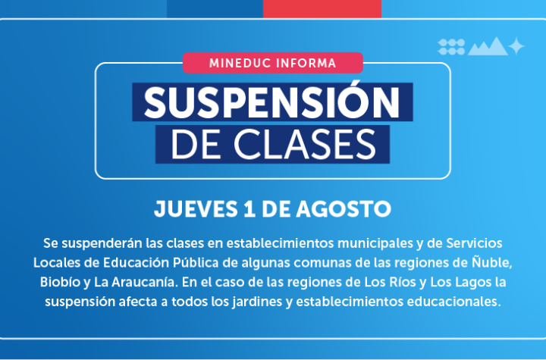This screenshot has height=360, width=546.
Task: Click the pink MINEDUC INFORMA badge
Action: (273, 63)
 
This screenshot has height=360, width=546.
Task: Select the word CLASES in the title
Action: (305, 144)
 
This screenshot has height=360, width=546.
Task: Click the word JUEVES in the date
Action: (196, 209)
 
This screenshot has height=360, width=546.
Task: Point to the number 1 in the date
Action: (249, 209)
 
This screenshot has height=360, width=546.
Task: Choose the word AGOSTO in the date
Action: (344, 209)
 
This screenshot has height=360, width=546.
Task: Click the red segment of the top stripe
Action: (322, 8)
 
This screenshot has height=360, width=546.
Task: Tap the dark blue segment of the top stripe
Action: (215, 8)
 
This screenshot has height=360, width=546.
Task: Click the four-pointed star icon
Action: (516, 46)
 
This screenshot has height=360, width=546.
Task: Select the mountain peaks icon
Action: (488, 46)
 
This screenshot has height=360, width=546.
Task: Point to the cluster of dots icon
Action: (451, 47)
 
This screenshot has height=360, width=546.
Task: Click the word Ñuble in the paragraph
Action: (491, 261)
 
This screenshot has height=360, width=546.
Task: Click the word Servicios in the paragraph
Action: (474, 243)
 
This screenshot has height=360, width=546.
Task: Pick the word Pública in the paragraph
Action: (196, 262)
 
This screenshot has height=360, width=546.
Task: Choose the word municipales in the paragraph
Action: (375, 243)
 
